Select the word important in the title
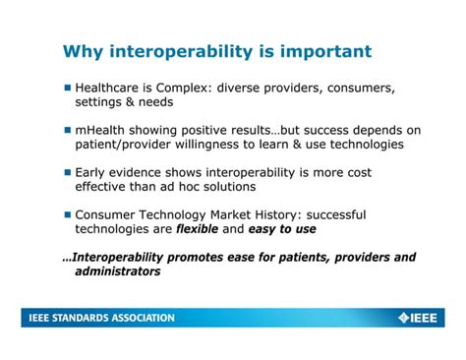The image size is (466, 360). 323,51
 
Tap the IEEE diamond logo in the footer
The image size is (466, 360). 403,318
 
